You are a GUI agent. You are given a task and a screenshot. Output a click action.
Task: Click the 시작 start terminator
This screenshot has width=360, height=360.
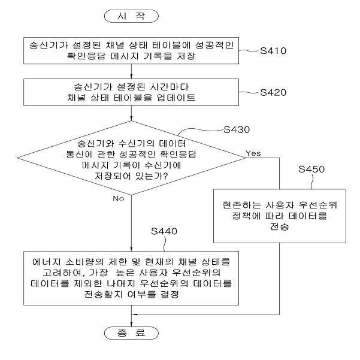[131, 16]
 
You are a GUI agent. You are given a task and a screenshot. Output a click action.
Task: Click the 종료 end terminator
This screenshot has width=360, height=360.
[131, 333]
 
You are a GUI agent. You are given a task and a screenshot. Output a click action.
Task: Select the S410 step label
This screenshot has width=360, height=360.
[273, 51]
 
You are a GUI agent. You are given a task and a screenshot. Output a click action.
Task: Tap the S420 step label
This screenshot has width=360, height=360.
[273, 92]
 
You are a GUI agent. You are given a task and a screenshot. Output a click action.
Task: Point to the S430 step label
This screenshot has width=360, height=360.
[237, 130]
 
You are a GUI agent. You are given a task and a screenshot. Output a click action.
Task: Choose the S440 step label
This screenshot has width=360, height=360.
[164, 231]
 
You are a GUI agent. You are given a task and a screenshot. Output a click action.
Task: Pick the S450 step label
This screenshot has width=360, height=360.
[311, 169]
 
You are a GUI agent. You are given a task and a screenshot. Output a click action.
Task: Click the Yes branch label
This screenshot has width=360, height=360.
[253, 153]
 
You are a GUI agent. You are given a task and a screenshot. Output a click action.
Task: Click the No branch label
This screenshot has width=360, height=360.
[119, 199]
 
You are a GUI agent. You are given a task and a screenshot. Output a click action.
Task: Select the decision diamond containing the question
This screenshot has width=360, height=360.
[131, 158]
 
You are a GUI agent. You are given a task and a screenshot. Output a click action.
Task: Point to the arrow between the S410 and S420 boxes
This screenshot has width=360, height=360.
[131, 71]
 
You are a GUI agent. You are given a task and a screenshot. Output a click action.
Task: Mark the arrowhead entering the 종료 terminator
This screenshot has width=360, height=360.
[131, 324]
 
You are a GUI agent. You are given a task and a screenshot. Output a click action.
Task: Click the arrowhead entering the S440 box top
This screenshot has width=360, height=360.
[131, 249]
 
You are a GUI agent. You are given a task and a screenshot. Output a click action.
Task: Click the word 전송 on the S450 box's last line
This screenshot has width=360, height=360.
[280, 227]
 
